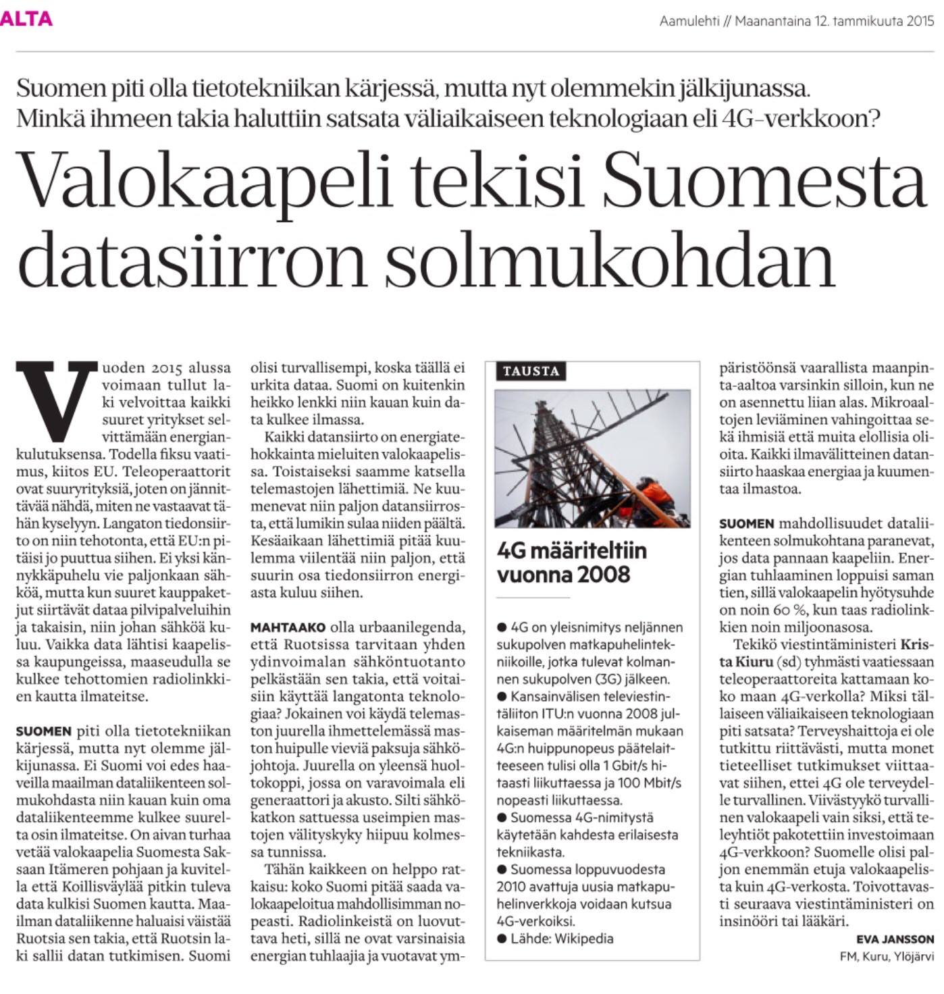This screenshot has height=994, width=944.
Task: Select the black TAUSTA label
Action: [531, 371]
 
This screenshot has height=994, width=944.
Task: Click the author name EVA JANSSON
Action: [895, 939]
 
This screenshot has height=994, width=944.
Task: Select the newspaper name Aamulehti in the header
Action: [689, 21]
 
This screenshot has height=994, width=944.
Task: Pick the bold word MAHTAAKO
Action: [288, 627]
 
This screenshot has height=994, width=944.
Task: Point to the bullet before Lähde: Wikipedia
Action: [502, 938]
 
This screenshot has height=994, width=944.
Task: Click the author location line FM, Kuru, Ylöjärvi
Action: [887, 956]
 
